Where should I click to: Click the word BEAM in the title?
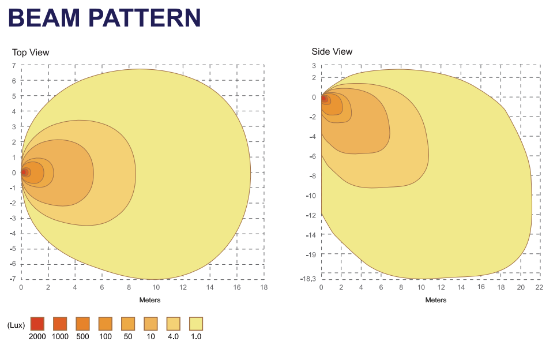pyautogui.click(x=44, y=18)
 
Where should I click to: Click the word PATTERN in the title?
pyautogui.click(x=144, y=18)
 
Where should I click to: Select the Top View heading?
pyautogui.click(x=31, y=52)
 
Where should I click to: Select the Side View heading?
pyautogui.click(x=332, y=51)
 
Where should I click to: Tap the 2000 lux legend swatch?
pyautogui.click(x=37, y=324)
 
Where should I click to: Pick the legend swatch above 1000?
pyautogui.click(x=60, y=324)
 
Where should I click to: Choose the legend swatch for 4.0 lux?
pyautogui.click(x=173, y=324)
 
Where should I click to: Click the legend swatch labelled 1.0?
pyautogui.click(x=196, y=324)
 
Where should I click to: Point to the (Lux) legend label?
pyautogui.click(x=16, y=325)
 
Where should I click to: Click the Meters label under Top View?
pyautogui.click(x=149, y=300)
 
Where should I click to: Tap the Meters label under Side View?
pyautogui.click(x=435, y=300)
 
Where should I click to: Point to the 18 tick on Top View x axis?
pyautogui.click(x=264, y=287)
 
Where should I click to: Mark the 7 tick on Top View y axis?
pyautogui.click(x=13, y=65)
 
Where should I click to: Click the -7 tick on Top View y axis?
pyautogui.click(x=12, y=279)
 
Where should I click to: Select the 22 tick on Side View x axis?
pyautogui.click(x=539, y=287)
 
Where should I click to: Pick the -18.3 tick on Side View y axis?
pyautogui.click(x=308, y=279)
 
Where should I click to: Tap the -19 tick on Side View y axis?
pyautogui.click(x=311, y=254)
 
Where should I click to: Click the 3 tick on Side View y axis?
pyautogui.click(x=314, y=66)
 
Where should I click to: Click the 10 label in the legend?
pyautogui.click(x=150, y=336)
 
